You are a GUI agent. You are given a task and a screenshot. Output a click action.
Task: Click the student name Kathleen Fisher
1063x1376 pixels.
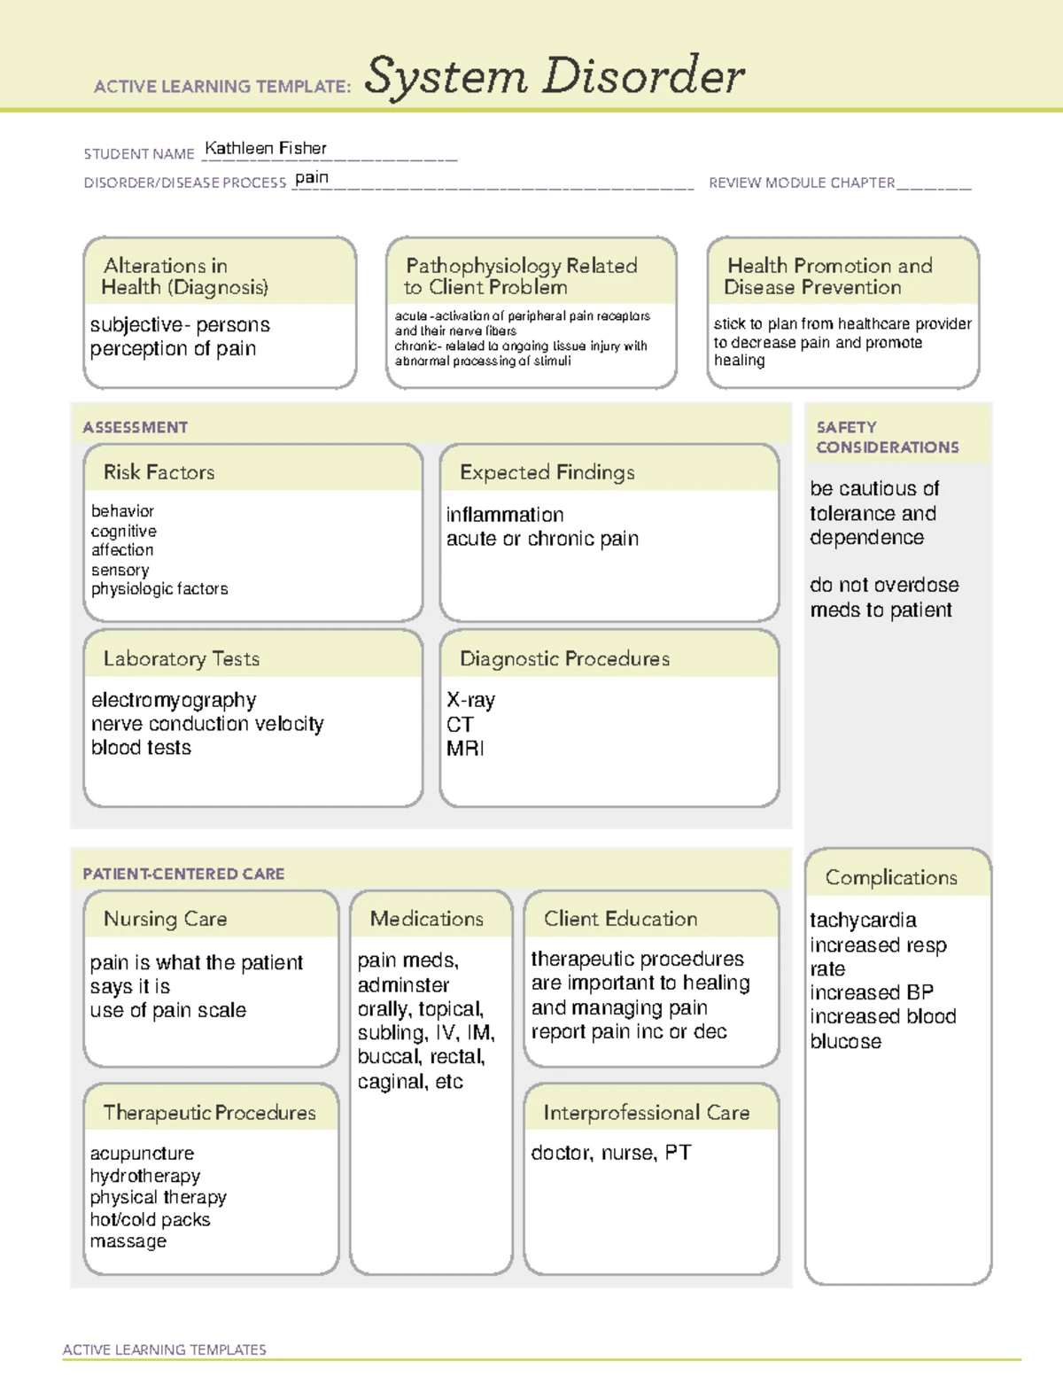(266, 149)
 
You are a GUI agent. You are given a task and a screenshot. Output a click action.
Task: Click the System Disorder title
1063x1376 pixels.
(554, 76)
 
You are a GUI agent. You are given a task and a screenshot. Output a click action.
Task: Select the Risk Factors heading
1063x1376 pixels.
(159, 472)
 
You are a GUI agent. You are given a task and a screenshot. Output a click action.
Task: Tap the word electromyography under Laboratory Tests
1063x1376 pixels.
(174, 700)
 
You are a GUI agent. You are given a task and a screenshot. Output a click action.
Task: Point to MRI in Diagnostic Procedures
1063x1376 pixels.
(465, 749)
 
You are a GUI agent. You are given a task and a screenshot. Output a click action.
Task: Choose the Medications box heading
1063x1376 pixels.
(427, 919)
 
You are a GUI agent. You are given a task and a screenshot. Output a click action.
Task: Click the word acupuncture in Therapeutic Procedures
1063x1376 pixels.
(142, 1154)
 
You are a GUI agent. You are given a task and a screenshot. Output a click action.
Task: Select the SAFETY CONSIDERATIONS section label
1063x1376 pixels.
(887, 438)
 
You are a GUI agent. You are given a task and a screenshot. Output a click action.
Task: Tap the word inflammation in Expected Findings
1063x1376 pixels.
(505, 515)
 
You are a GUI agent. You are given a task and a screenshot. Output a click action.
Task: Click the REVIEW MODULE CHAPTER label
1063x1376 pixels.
(802, 183)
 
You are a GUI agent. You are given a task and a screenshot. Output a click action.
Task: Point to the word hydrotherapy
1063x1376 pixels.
(145, 1176)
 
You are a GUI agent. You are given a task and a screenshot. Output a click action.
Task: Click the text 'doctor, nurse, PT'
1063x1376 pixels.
(610, 1153)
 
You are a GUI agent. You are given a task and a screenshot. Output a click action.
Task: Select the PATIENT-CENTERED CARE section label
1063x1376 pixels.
(183, 874)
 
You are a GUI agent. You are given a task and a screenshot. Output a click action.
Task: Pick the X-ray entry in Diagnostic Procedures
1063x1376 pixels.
(470, 700)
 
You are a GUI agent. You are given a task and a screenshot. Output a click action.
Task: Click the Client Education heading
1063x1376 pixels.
(620, 919)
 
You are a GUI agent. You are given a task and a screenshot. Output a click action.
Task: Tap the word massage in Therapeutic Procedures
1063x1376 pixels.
(128, 1241)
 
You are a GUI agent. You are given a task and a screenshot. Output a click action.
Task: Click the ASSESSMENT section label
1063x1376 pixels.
(135, 427)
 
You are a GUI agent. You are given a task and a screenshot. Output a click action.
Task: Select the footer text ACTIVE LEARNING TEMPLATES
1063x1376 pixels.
(164, 1349)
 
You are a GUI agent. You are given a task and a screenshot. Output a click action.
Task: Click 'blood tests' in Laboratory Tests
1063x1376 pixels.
(141, 748)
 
